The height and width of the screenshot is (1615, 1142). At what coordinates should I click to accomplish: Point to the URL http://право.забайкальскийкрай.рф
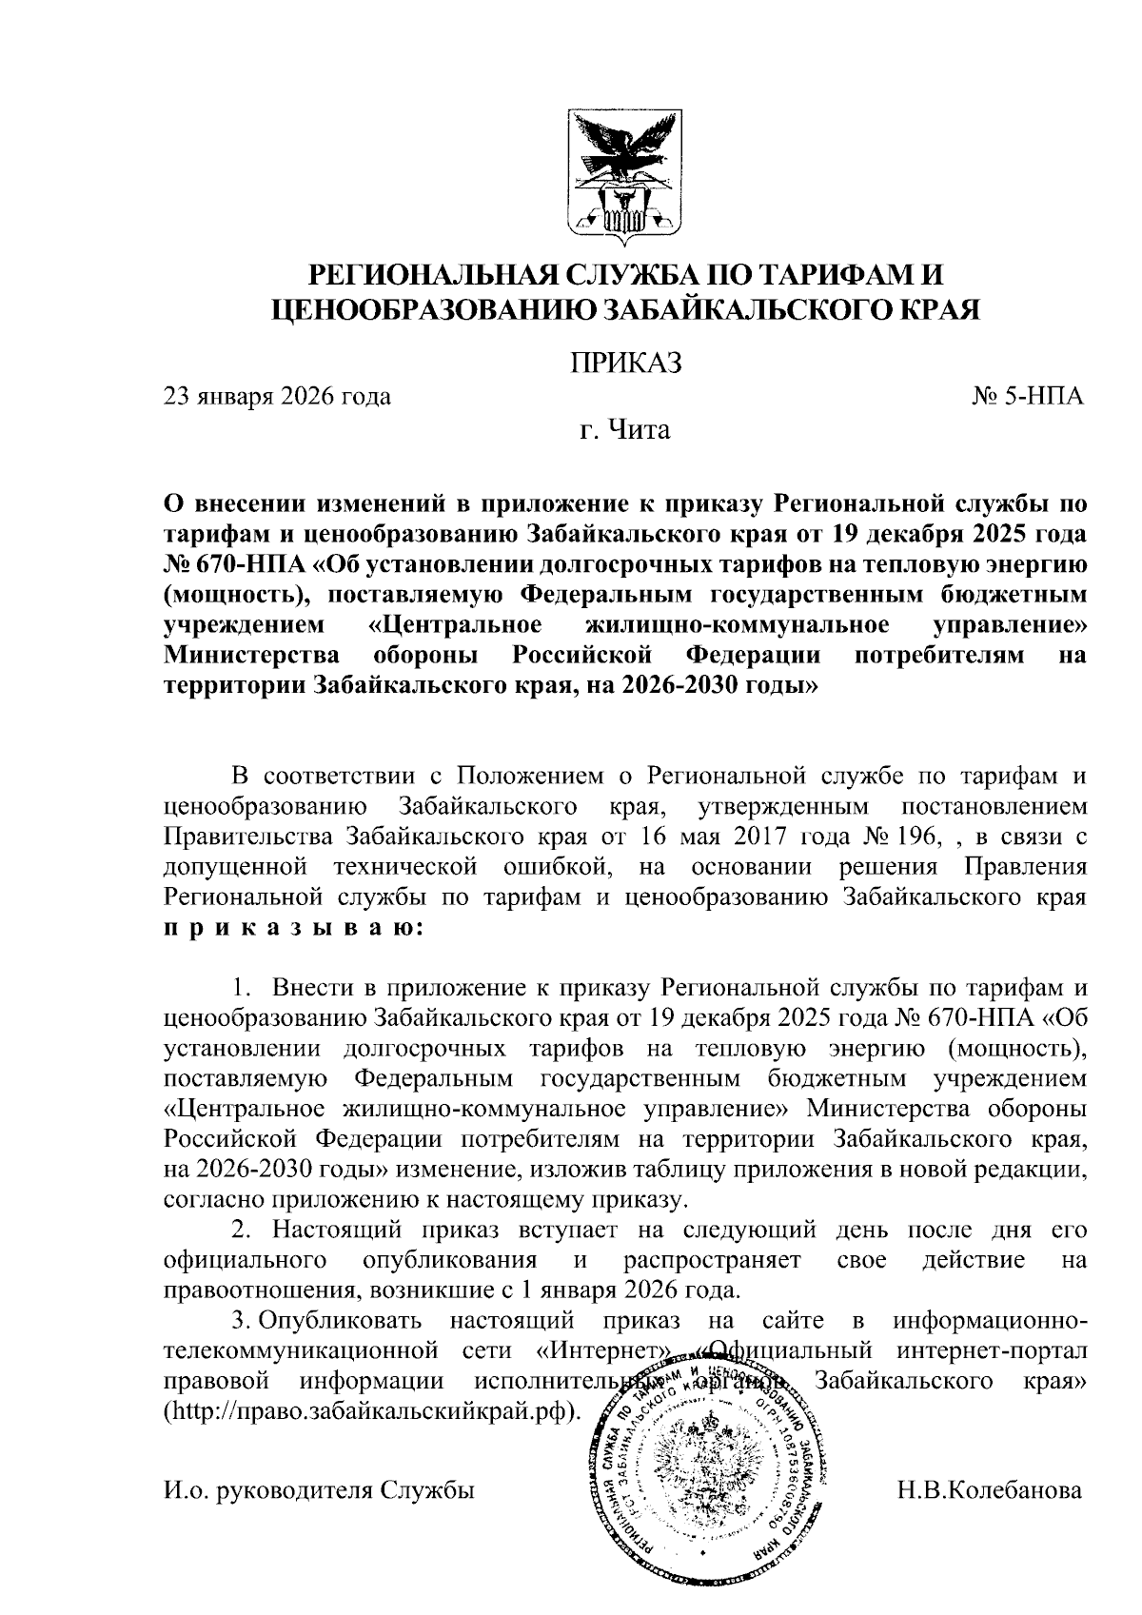(371, 1410)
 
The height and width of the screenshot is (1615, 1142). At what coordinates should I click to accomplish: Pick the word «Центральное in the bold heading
(455, 625)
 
